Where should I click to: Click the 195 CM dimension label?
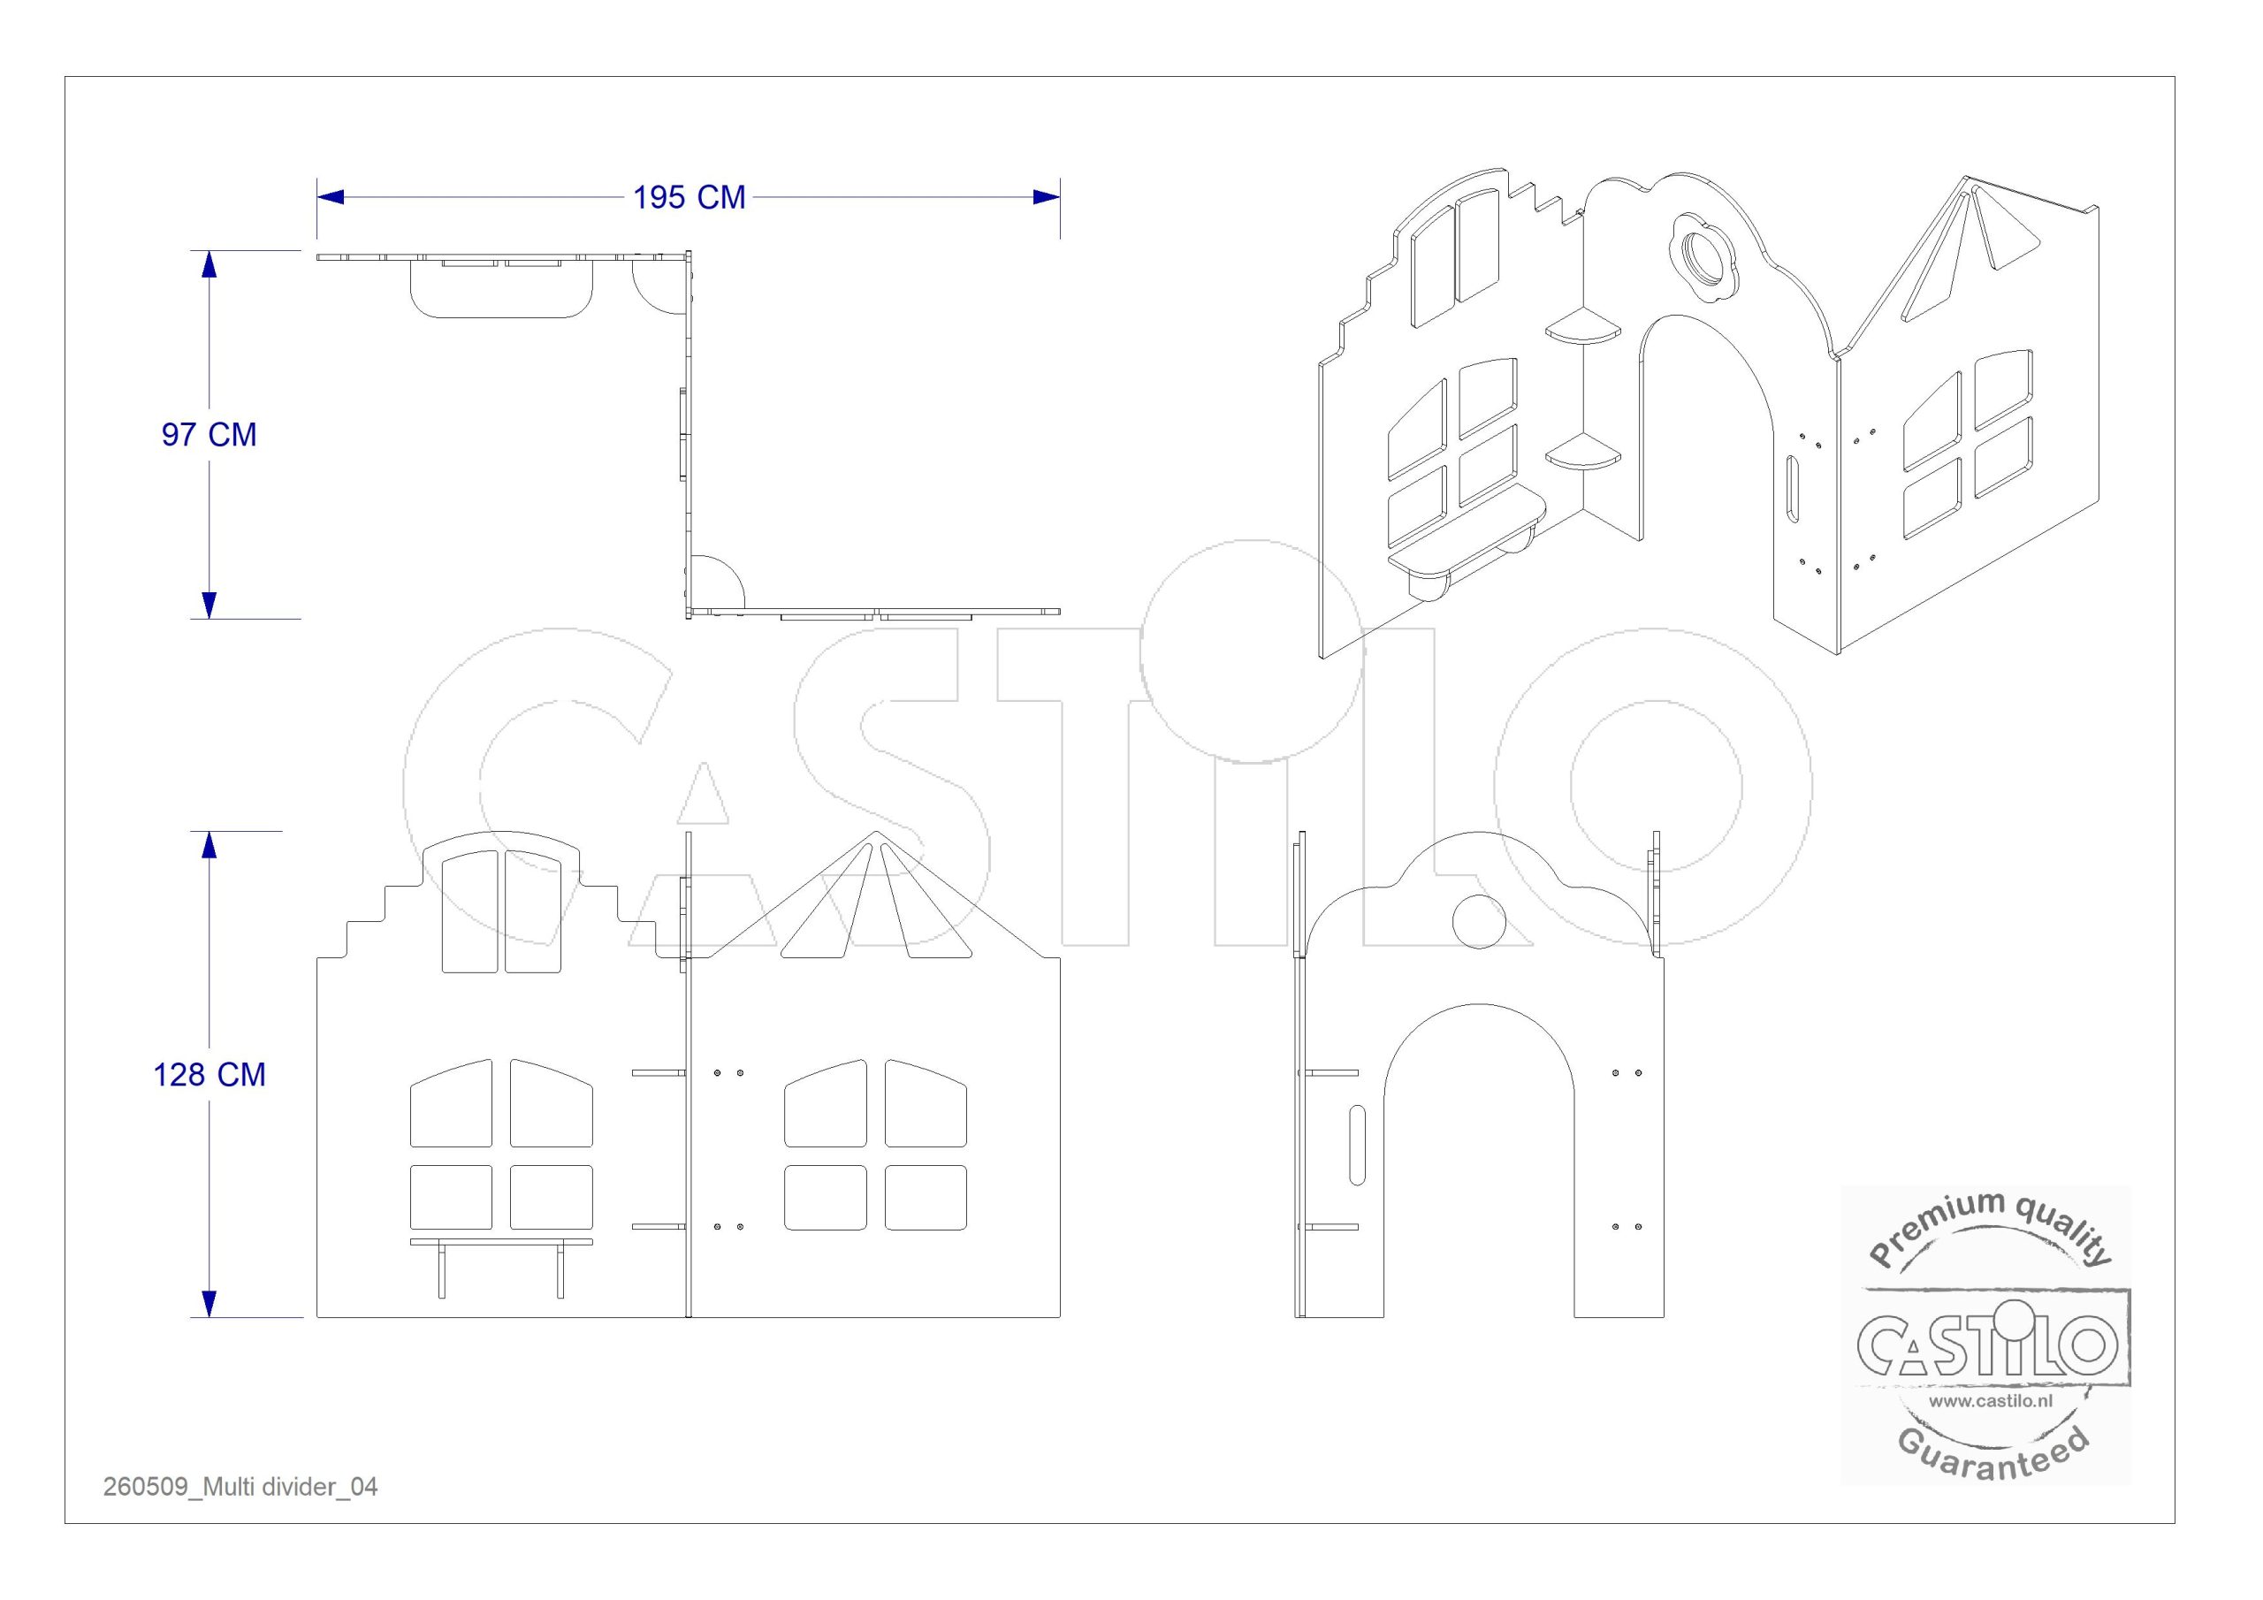coord(689,197)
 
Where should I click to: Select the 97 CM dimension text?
coord(209,435)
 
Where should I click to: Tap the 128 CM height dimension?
coord(209,1075)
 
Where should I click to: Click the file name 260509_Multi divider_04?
coord(240,1487)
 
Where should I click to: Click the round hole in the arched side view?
coord(1481,922)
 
